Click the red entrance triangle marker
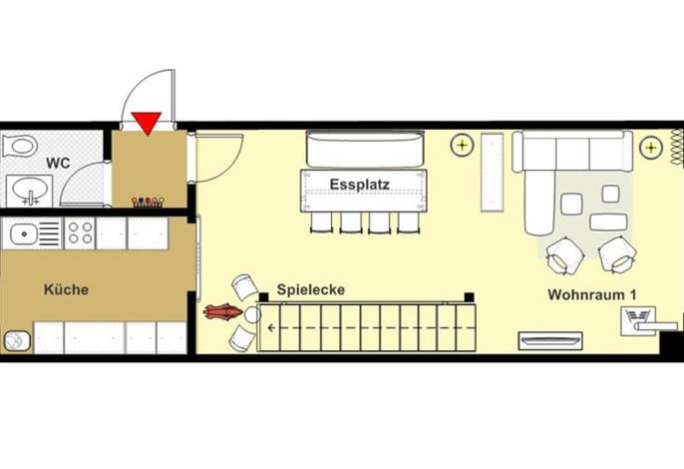click(x=147, y=123)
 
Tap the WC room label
click(x=58, y=164)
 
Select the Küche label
click(x=66, y=289)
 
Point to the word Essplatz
click(x=359, y=185)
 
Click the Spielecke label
click(x=311, y=289)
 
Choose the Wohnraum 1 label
click(x=591, y=294)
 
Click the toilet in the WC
click(x=20, y=146)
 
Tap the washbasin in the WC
click(x=30, y=191)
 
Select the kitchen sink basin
click(x=24, y=234)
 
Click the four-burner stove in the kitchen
click(x=80, y=234)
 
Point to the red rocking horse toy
click(x=222, y=311)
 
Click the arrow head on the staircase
click(x=272, y=327)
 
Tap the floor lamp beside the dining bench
click(x=462, y=145)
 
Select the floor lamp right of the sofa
click(x=651, y=148)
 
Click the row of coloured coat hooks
click(x=148, y=202)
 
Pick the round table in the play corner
click(x=252, y=314)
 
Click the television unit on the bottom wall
click(x=550, y=340)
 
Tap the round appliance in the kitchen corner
click(x=17, y=341)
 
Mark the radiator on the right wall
click(x=677, y=147)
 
